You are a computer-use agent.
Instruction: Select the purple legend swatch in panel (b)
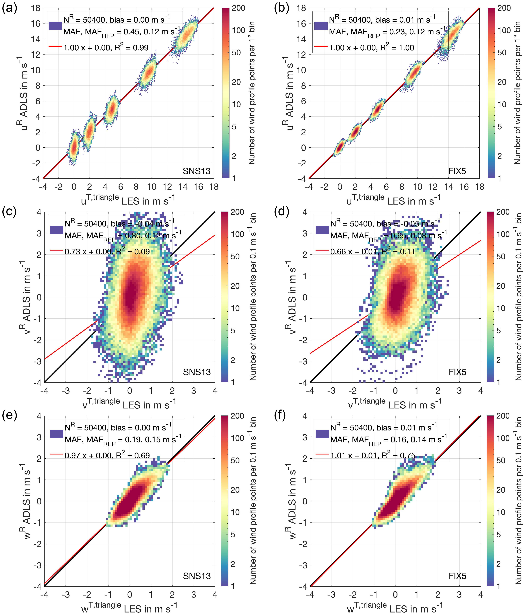pos(321,26)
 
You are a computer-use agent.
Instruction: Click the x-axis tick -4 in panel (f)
pos(310,595)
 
